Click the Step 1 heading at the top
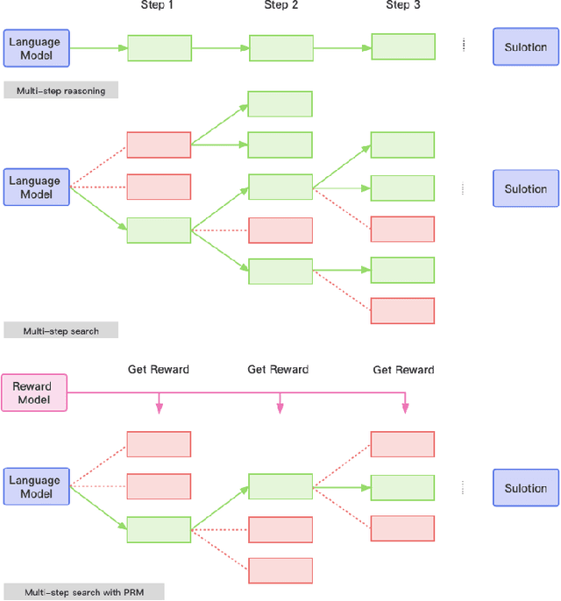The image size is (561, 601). (x=159, y=6)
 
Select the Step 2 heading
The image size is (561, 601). (x=281, y=6)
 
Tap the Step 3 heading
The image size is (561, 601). (x=402, y=6)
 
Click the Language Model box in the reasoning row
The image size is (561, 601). (x=35, y=47)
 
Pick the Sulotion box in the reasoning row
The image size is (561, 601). (x=526, y=47)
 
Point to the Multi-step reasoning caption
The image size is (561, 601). (x=60, y=90)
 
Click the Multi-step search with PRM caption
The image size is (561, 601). (x=83, y=592)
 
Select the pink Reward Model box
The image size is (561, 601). (x=32, y=393)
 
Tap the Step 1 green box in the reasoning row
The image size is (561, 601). (x=159, y=48)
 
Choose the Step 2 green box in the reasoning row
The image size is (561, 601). (x=280, y=48)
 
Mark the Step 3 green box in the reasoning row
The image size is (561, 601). (x=402, y=47)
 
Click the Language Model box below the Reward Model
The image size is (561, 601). (x=35, y=487)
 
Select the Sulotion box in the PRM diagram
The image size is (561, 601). (x=526, y=488)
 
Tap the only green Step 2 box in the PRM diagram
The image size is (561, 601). (x=280, y=487)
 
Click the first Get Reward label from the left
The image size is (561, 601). (x=158, y=370)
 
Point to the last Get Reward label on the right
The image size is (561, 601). (x=403, y=370)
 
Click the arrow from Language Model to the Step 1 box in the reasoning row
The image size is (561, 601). (x=98, y=48)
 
